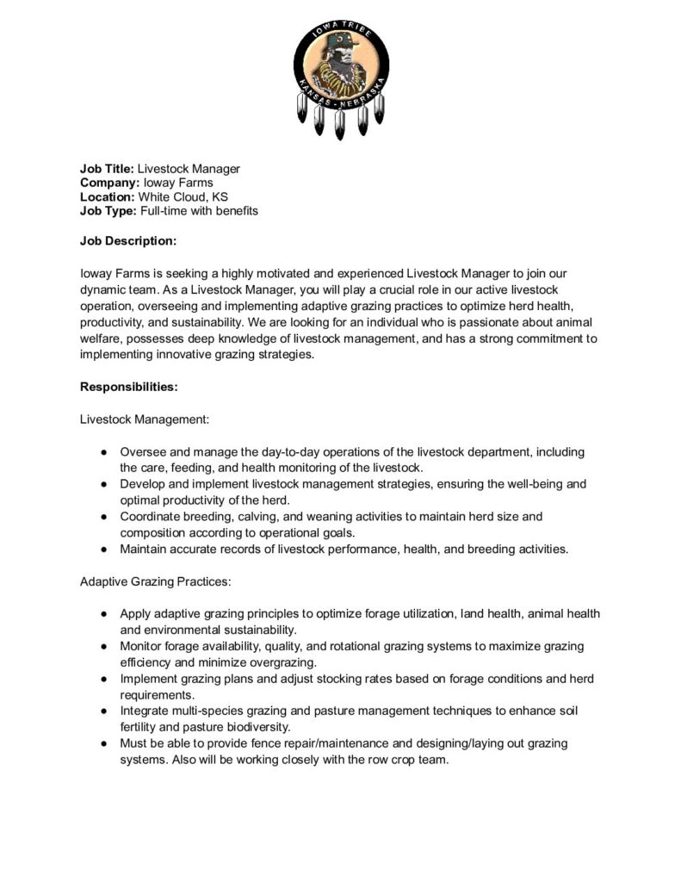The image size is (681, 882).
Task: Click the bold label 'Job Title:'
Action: click(x=107, y=169)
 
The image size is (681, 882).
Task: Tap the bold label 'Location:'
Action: click(x=108, y=196)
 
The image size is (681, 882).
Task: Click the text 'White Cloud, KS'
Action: click(x=183, y=196)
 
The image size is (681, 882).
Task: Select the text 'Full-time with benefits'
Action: click(x=199, y=210)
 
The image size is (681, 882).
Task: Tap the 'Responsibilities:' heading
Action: click(x=129, y=387)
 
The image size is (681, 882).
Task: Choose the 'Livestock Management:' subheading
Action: click(x=145, y=419)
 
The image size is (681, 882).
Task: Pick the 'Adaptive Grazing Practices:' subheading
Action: click(x=155, y=581)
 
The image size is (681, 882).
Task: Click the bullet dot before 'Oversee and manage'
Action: click(x=102, y=451)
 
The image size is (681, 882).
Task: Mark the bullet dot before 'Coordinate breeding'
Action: click(x=102, y=517)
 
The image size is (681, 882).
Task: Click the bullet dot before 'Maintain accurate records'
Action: click(x=102, y=549)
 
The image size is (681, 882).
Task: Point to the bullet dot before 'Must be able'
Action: click(x=102, y=743)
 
